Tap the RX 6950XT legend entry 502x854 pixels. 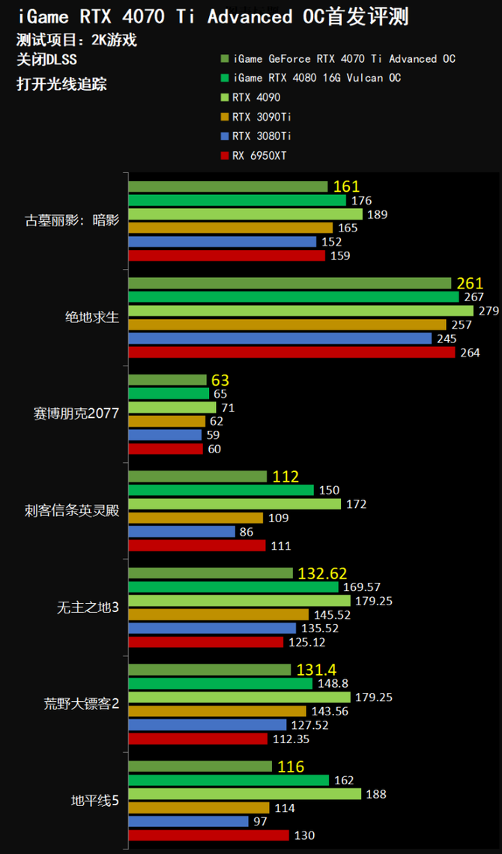pyautogui.click(x=259, y=156)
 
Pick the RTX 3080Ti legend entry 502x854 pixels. pyautogui.click(x=261, y=136)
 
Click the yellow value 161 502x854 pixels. pyautogui.click(x=347, y=187)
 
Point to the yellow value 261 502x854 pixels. pyautogui.click(x=470, y=283)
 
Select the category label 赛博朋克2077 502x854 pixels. pyautogui.click(x=76, y=413)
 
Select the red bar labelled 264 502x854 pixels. pyautogui.click(x=292, y=351)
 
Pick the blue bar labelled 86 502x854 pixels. pyautogui.click(x=182, y=531)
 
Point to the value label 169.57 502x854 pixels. pyautogui.click(x=360, y=587)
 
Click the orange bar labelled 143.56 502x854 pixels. pyautogui.click(x=217, y=711)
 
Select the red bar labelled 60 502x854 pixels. pyautogui.click(x=166, y=449)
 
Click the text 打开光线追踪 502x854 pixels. pyautogui.click(x=61, y=84)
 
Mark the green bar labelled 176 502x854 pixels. pyautogui.click(x=238, y=200)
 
